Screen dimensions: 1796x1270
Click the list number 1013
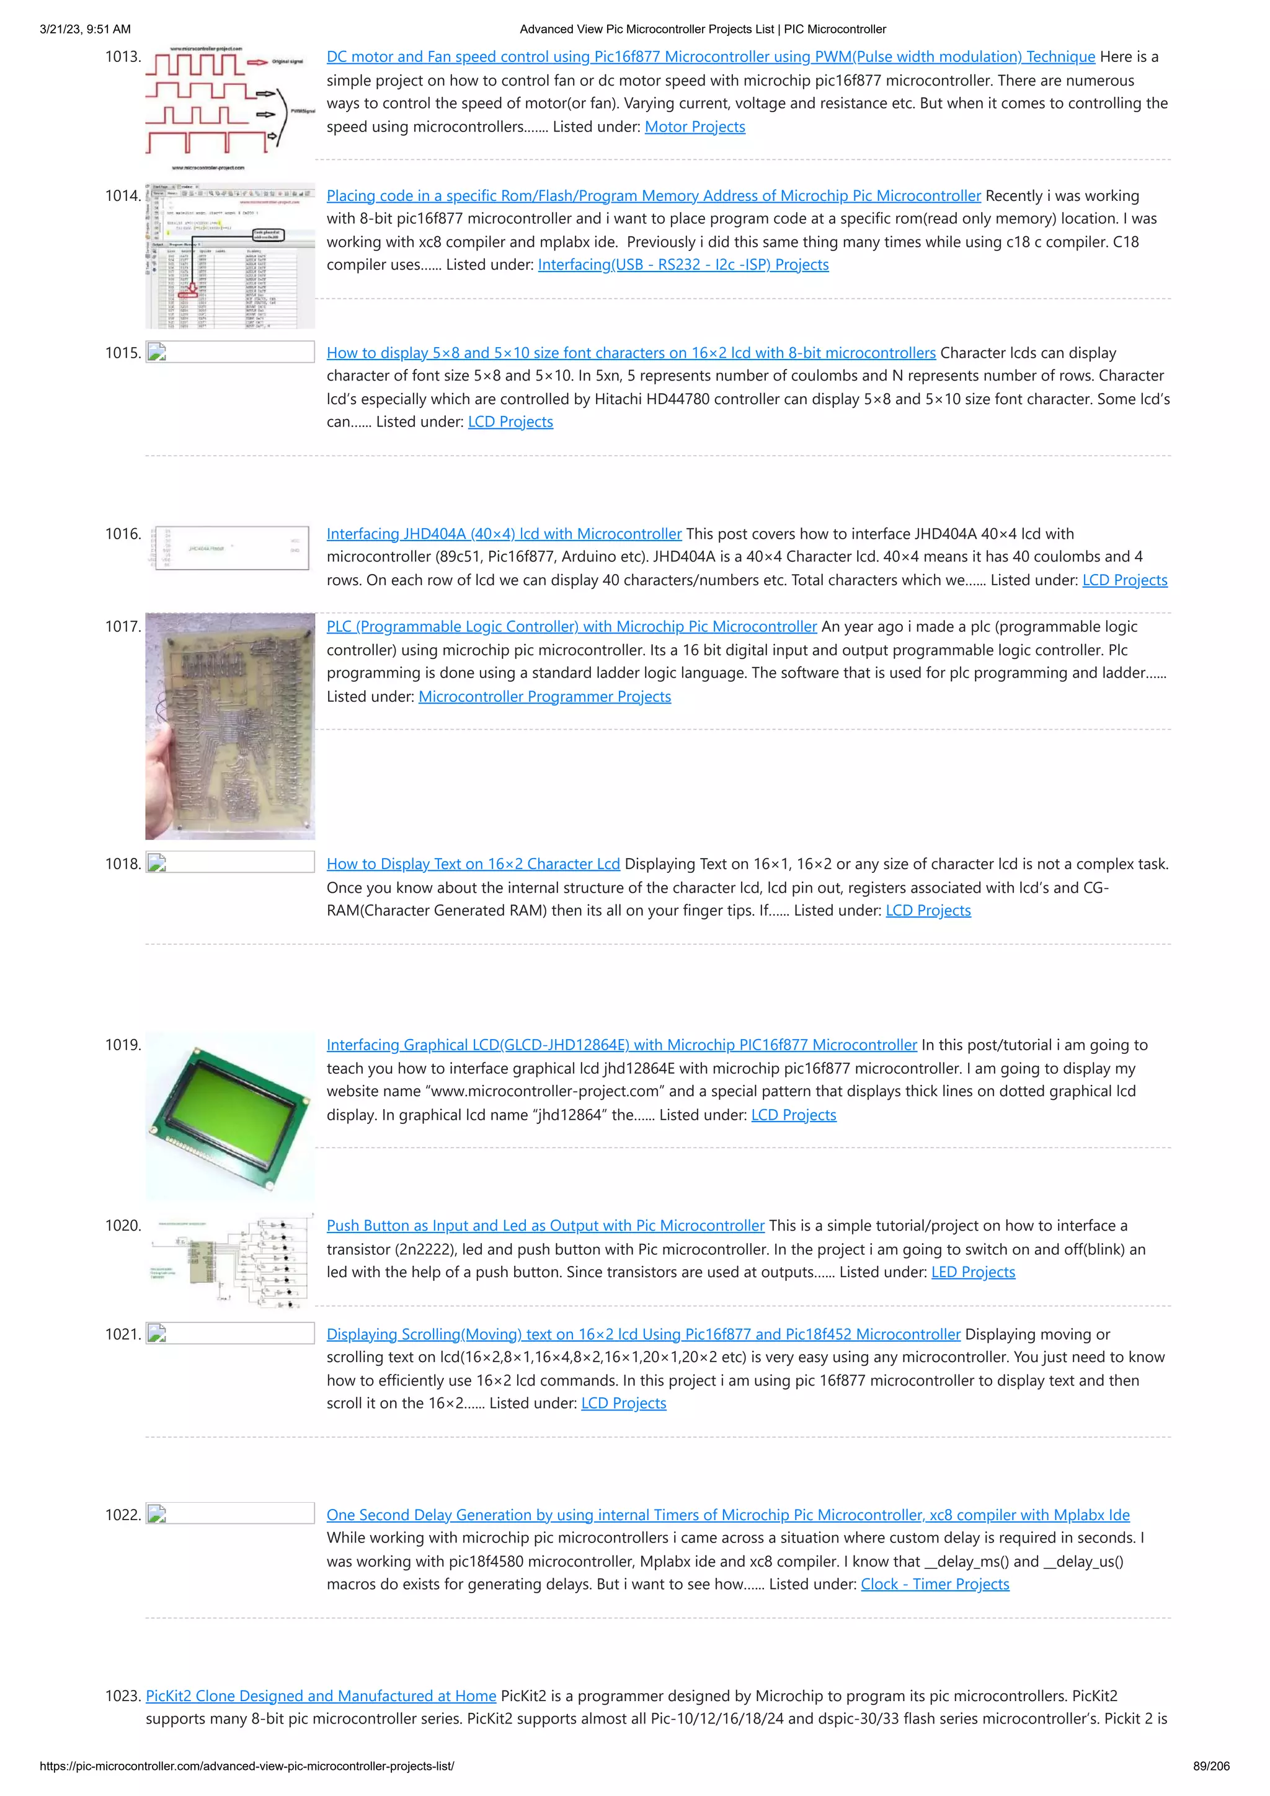(123, 57)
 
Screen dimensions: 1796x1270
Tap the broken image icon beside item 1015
(156, 352)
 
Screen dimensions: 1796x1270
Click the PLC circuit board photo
(230, 726)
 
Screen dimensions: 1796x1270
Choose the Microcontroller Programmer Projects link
(544, 696)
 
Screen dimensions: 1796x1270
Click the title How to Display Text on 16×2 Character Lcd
(473, 864)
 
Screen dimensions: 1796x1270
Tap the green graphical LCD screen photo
(230, 1117)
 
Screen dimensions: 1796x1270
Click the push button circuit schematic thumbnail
(230, 1261)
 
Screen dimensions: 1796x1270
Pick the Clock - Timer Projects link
(935, 1584)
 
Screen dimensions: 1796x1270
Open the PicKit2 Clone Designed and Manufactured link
(321, 1696)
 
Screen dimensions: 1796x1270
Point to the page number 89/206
(1210, 1766)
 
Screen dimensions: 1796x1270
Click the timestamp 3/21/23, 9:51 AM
(86, 29)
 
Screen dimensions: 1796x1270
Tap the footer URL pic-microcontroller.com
(246, 1766)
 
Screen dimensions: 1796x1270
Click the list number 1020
(123, 1226)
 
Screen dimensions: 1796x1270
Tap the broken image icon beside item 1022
(156, 1514)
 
